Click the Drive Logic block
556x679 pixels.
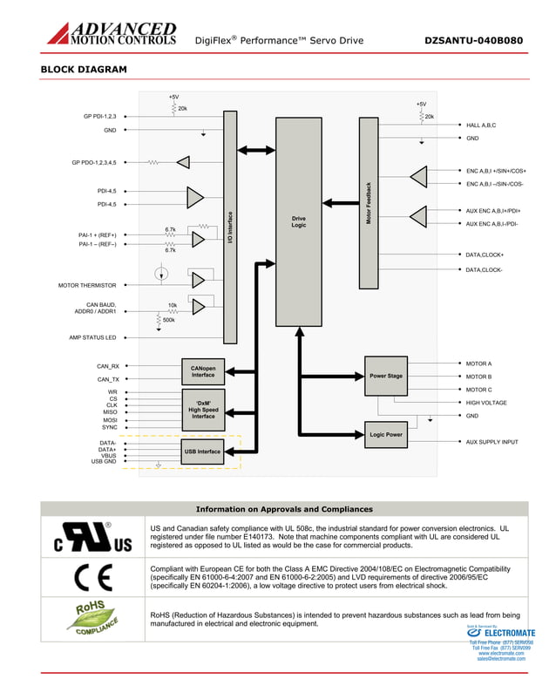(299, 222)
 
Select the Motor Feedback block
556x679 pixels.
(369, 202)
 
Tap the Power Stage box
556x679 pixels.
(386, 376)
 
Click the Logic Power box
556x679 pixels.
(386, 433)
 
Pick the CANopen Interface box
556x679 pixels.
(203, 371)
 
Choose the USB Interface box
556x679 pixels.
(202, 452)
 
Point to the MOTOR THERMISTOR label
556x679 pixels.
(87, 285)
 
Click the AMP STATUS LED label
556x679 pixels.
(92, 337)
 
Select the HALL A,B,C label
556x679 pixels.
(481, 126)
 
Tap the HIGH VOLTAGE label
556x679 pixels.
(486, 403)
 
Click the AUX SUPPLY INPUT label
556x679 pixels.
(492, 442)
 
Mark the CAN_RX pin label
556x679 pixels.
(108, 366)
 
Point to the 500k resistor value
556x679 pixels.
(168, 320)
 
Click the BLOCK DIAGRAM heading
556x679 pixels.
(84, 69)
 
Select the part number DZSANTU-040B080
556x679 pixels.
(474, 40)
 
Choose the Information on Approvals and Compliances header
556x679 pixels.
(284, 509)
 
